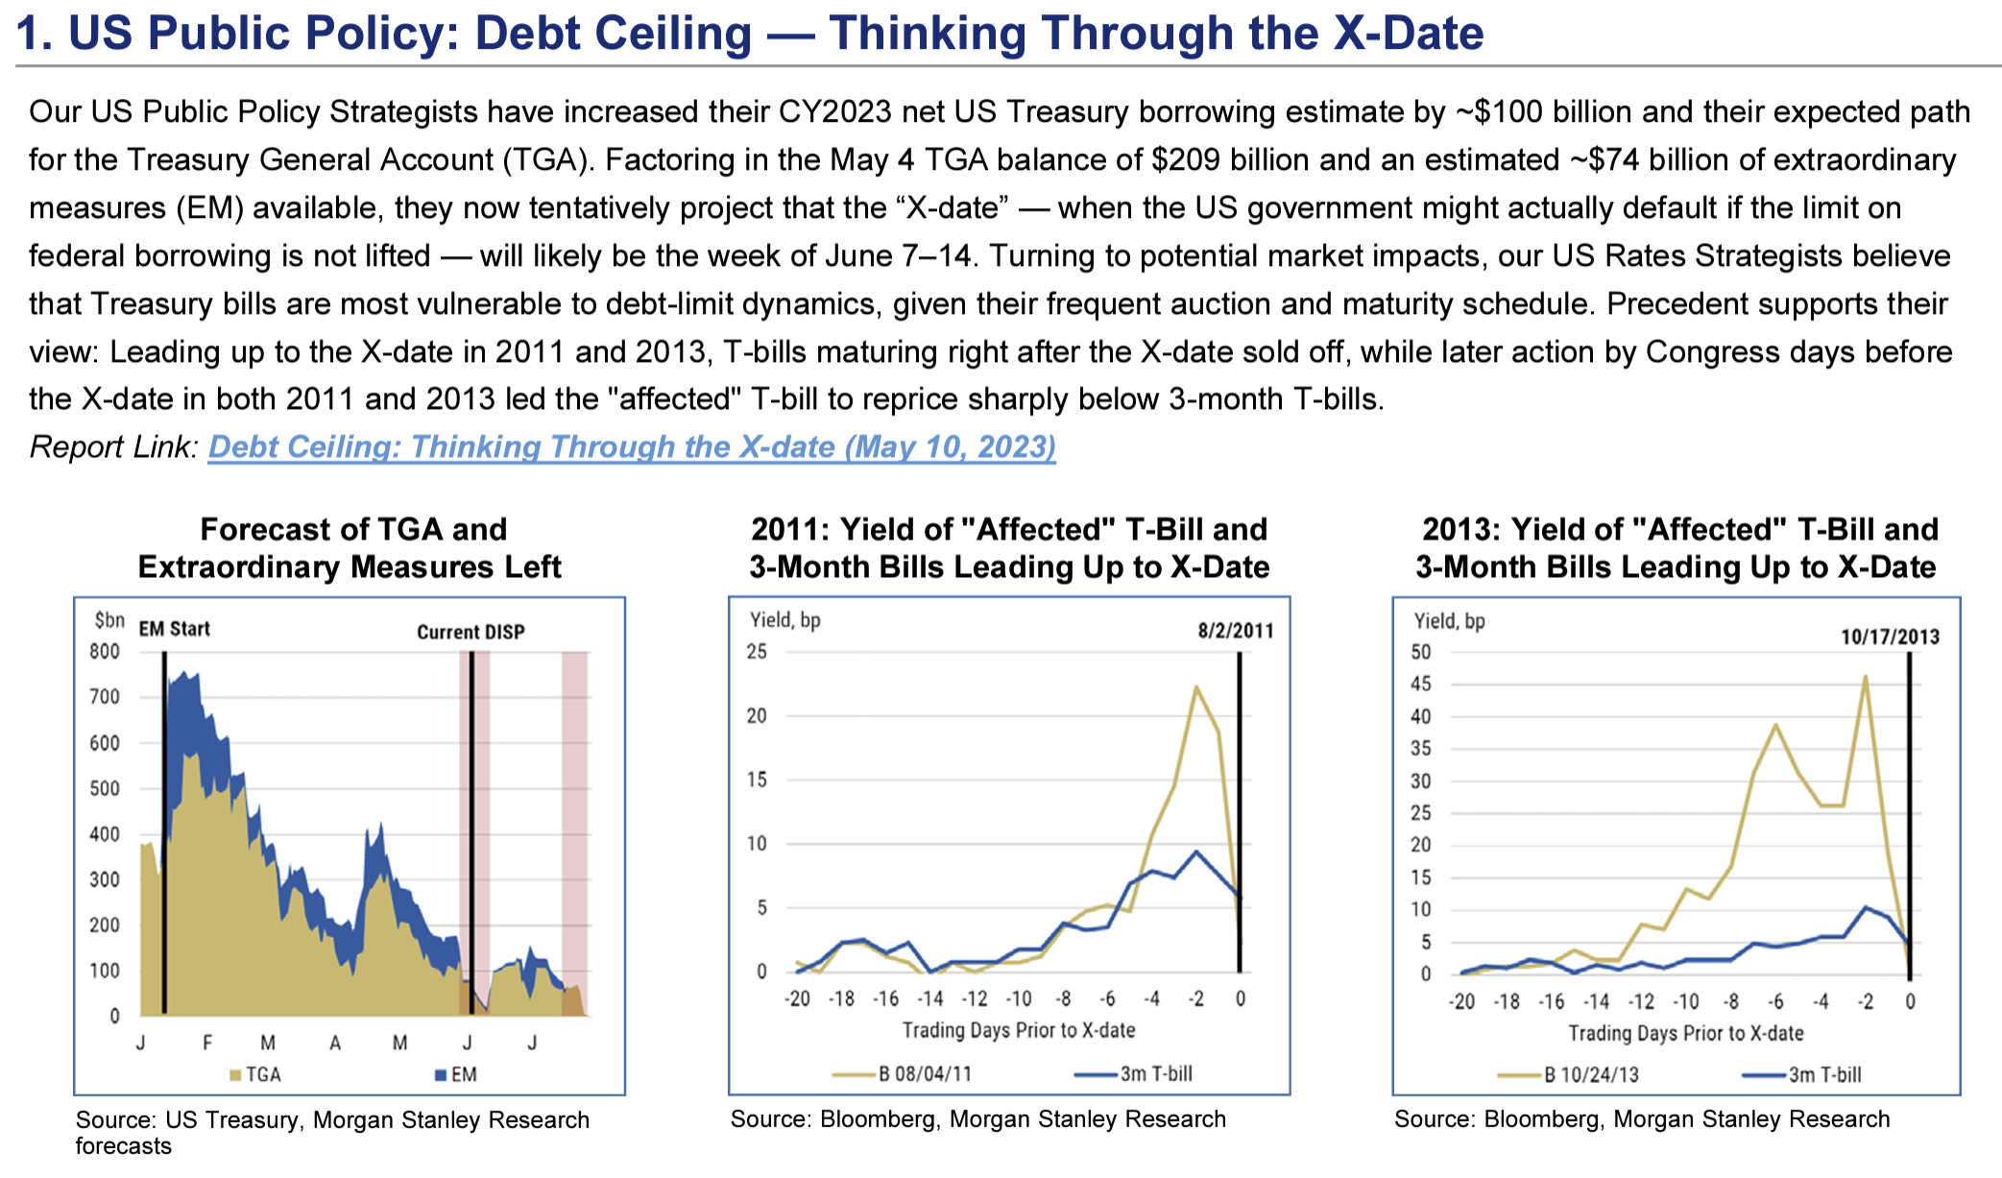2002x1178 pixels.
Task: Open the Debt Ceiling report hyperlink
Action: click(632, 447)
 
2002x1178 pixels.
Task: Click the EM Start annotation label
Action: click(174, 629)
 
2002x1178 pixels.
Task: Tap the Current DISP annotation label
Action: click(470, 632)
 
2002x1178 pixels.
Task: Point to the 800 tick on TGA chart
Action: click(105, 652)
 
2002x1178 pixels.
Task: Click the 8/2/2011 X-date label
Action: click(1235, 631)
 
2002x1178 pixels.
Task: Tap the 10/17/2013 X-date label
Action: click(1890, 637)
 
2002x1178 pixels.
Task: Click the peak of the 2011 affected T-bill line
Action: click(1195, 686)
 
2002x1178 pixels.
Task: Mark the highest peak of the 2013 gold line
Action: click(1865, 677)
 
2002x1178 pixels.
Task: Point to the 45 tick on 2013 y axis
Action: click(1420, 685)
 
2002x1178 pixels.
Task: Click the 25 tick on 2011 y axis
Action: click(758, 652)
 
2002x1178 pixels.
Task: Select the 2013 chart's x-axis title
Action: click(1685, 1033)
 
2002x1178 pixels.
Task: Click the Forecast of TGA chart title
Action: click(351, 547)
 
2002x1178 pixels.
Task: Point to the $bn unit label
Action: click(109, 620)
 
